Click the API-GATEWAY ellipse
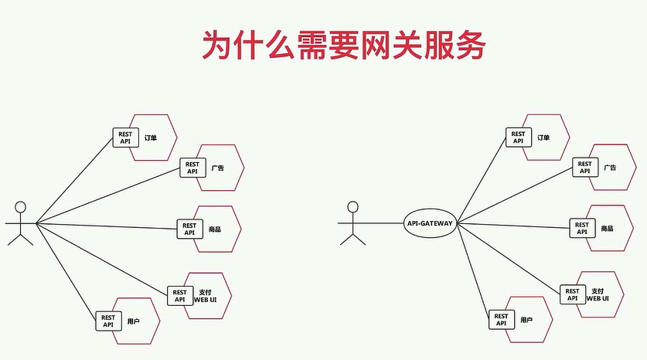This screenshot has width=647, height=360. tap(429, 223)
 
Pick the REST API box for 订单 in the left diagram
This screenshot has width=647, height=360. tap(125, 138)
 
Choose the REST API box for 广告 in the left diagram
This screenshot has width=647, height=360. tap(192, 168)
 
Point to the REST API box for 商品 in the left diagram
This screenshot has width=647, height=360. tap(189, 228)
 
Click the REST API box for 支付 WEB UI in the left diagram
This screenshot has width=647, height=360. tap(179, 295)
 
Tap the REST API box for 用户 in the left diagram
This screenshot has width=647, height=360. tap(108, 321)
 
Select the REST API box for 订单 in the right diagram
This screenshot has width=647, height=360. tap(518, 138)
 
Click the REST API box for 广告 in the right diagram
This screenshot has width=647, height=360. tap(585, 168)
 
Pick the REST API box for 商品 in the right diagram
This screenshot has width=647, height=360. tap(582, 229)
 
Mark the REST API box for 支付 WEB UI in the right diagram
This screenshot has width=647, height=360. tap(572, 294)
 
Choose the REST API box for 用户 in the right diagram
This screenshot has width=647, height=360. tap(501, 320)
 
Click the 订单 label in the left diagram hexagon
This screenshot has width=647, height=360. tap(150, 138)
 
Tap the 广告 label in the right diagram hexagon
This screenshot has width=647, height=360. tap(610, 168)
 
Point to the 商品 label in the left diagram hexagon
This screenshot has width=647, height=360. tap(215, 229)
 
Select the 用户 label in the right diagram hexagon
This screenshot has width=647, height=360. tap(526, 320)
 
